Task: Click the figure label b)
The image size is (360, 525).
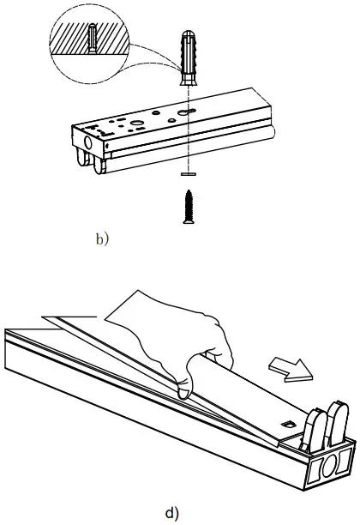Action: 102,239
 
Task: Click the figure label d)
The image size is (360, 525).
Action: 172,514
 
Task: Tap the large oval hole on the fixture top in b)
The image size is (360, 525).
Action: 135,124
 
